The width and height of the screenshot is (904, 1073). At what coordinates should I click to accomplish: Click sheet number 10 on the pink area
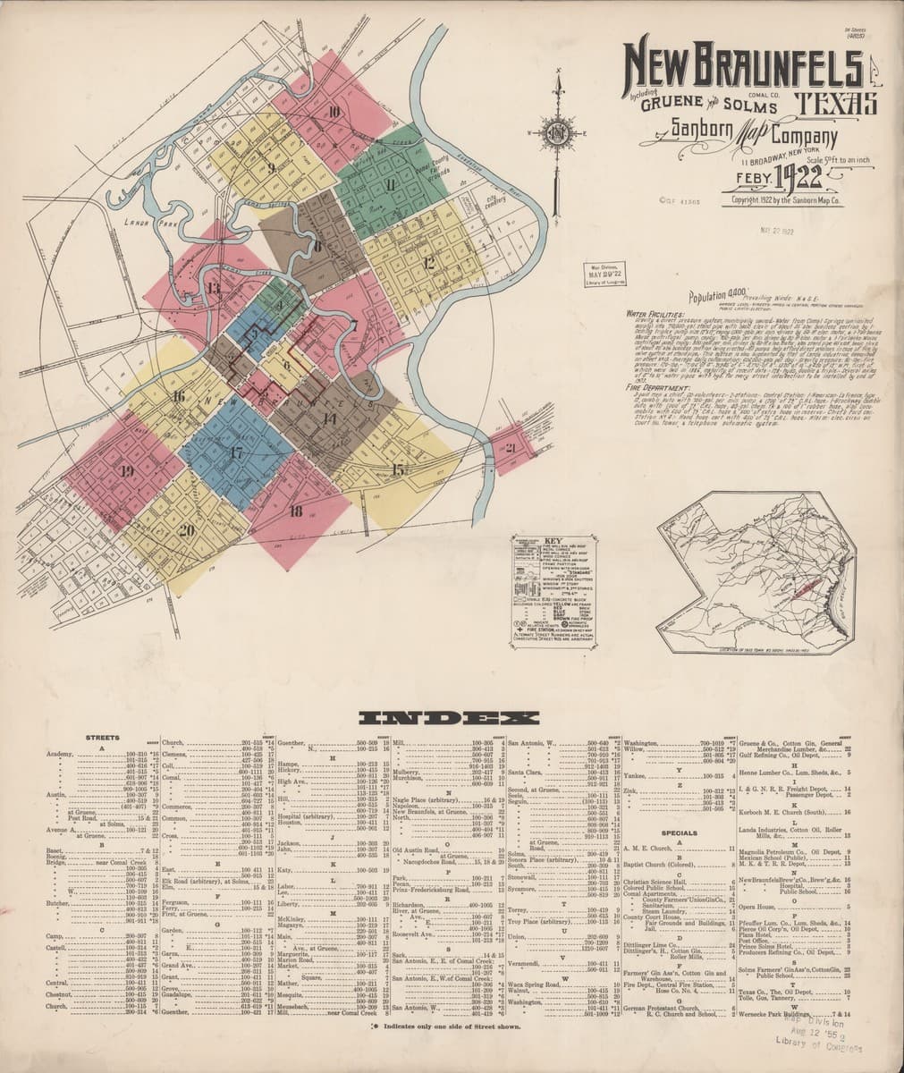(x=334, y=112)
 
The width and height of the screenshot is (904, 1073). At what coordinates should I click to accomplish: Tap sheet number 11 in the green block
(x=391, y=185)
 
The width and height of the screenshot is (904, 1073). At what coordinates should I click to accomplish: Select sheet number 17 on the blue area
(x=236, y=452)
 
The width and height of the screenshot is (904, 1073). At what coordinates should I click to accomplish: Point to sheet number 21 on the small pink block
(x=511, y=447)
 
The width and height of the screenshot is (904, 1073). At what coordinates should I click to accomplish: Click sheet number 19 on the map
(x=126, y=470)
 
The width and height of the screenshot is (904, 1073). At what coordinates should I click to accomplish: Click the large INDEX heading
(x=448, y=718)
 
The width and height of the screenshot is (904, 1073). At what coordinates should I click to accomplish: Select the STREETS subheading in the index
(x=102, y=738)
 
